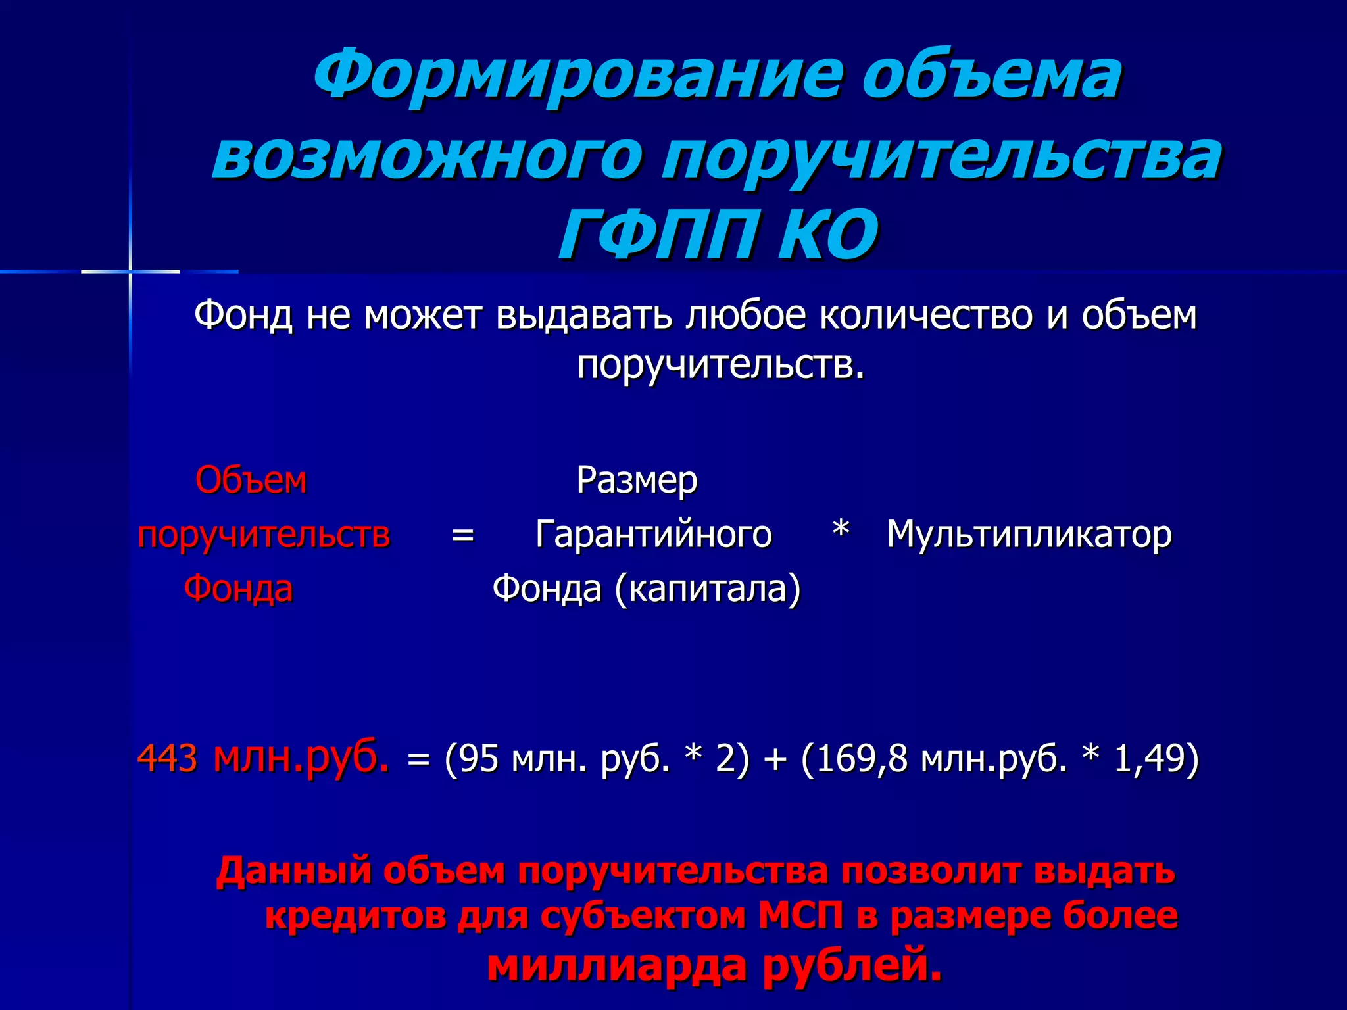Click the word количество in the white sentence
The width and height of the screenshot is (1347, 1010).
[927, 316]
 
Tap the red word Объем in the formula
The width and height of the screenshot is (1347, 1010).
[251, 480]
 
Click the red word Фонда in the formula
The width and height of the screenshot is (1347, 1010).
[238, 588]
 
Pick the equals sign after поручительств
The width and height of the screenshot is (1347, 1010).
[462, 535]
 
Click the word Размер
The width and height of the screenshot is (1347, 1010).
[637, 480]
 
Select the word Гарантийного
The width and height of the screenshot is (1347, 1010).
[654, 534]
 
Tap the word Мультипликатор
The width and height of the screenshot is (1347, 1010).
[1029, 534]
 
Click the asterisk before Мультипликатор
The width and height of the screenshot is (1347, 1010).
[841, 530]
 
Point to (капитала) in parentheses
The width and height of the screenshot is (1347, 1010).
[708, 588]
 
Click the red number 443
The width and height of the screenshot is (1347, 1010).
[167, 759]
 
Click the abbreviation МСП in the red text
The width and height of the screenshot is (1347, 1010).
[800, 915]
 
